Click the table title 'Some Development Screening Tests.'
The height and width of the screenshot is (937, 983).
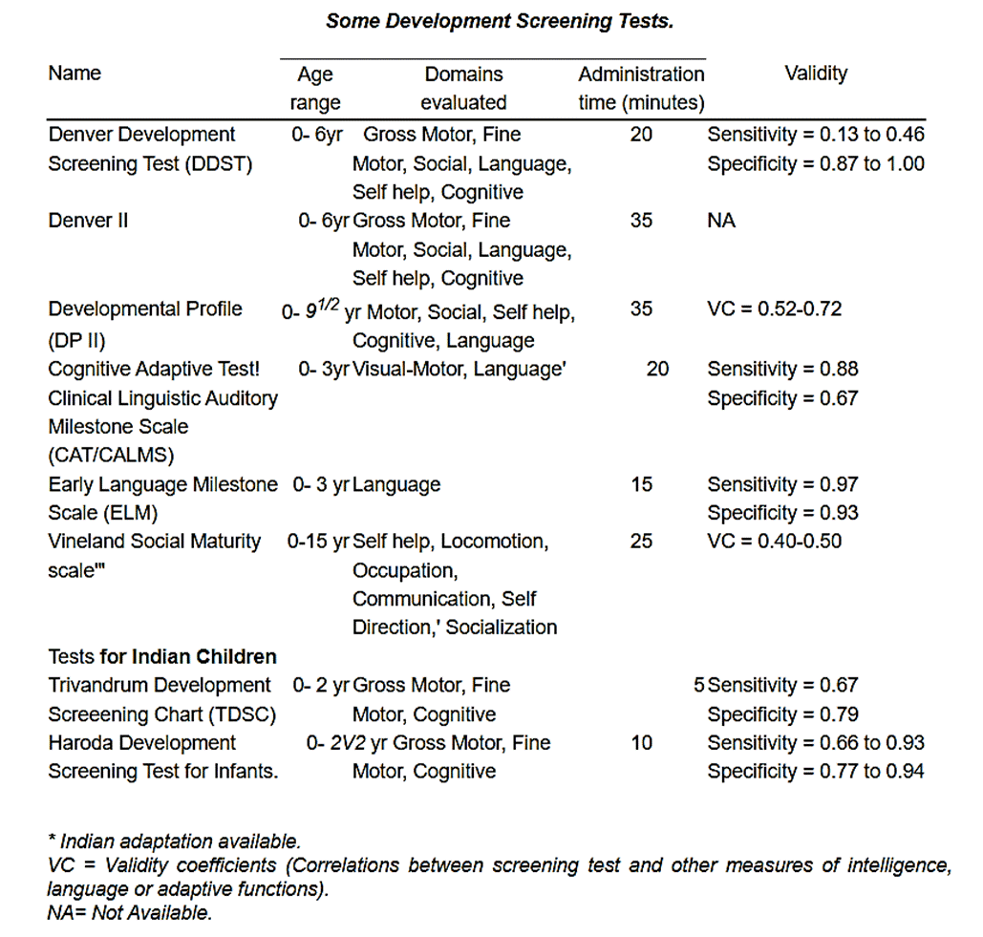tap(500, 21)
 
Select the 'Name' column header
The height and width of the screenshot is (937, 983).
tap(75, 74)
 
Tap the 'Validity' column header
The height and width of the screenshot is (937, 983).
tap(816, 74)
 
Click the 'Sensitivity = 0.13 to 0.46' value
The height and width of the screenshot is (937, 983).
tap(816, 135)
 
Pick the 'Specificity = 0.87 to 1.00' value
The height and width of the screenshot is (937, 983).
tap(816, 163)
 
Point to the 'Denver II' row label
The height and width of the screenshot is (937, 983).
tap(89, 221)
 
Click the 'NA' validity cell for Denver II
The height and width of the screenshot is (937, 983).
tap(722, 221)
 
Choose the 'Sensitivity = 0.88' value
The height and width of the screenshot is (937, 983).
tap(782, 369)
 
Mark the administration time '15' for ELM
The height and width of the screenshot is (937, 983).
tap(641, 484)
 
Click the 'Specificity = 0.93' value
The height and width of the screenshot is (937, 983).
tap(782, 513)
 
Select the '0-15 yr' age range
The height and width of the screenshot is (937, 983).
tap(318, 542)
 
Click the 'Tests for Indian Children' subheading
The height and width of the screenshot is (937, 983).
tap(162, 656)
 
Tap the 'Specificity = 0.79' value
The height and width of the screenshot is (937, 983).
tap(782, 714)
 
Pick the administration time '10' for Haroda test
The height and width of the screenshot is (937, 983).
tap(641, 742)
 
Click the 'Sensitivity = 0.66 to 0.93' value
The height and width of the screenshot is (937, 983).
tap(816, 742)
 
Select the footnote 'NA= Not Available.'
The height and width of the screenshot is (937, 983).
tap(129, 912)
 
